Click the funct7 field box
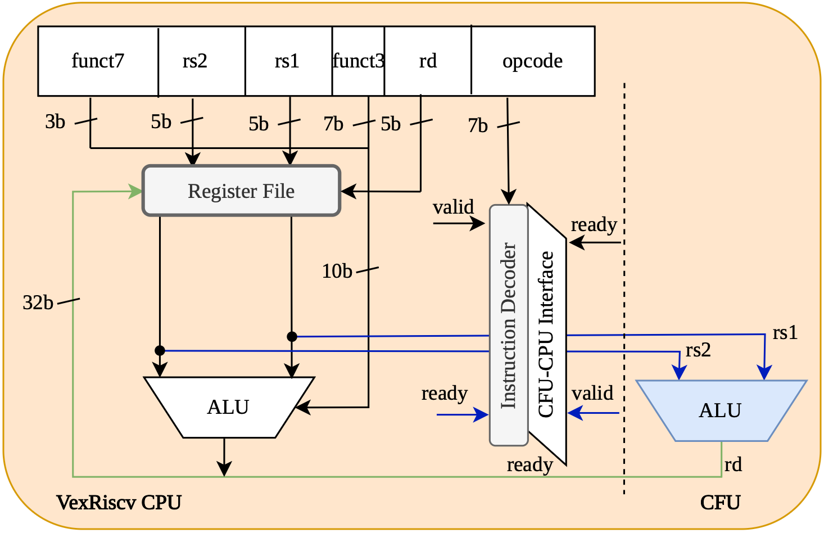pyautogui.click(x=98, y=61)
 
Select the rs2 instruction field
pyautogui.click(x=195, y=61)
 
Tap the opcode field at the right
pyautogui.click(x=532, y=61)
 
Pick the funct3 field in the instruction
pyautogui.click(x=358, y=61)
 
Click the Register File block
pyautogui.click(x=241, y=191)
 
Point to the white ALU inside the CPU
pyautogui.click(x=228, y=407)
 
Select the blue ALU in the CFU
pyautogui.click(x=720, y=410)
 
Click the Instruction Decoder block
pyautogui.click(x=509, y=325)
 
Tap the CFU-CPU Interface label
pyautogui.click(x=546, y=335)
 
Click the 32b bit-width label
pyautogui.click(x=38, y=303)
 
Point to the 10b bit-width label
pyautogui.click(x=337, y=272)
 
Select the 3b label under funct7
pyautogui.click(x=55, y=121)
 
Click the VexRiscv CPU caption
pyautogui.click(x=119, y=502)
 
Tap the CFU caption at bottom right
pyautogui.click(x=720, y=502)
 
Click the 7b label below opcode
pyautogui.click(x=478, y=125)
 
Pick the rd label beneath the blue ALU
pyautogui.click(x=733, y=464)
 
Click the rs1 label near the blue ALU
pyautogui.click(x=785, y=333)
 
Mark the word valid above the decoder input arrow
pyautogui.click(x=453, y=207)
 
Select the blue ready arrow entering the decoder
pyautogui.click(x=462, y=415)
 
